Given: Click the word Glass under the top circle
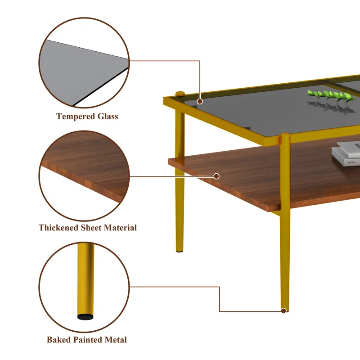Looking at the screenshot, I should click(x=108, y=117).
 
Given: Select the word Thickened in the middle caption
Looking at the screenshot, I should click(x=58, y=228).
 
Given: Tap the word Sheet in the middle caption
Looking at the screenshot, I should click(x=91, y=228).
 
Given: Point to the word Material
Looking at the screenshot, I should click(x=120, y=228).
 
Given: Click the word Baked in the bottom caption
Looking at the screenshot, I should click(x=59, y=340).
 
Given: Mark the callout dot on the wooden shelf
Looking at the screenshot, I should click(x=216, y=176).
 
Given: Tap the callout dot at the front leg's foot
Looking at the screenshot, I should click(x=283, y=310).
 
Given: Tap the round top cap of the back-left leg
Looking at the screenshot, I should click(x=180, y=94).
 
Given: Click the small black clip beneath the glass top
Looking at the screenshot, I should click(x=247, y=128).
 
